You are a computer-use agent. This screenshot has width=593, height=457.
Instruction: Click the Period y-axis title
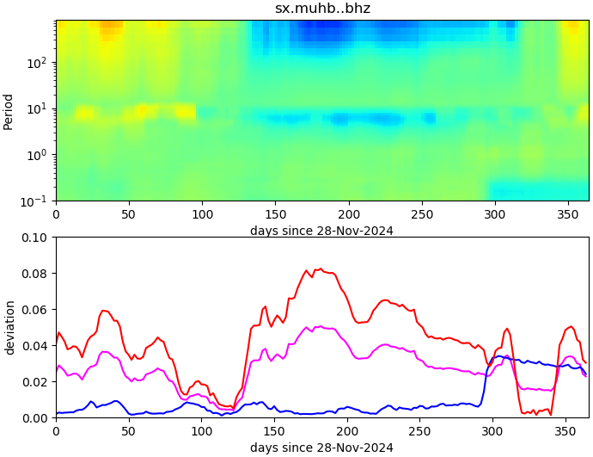(x=9, y=111)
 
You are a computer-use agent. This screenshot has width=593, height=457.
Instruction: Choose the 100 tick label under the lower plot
(x=202, y=431)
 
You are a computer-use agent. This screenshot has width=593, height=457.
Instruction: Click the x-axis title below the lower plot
(x=321, y=448)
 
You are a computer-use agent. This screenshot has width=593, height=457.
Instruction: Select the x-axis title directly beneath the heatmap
(x=321, y=231)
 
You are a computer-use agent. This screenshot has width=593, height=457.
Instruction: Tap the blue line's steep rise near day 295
(x=486, y=379)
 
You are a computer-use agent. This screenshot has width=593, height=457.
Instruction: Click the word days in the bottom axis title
(x=264, y=448)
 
